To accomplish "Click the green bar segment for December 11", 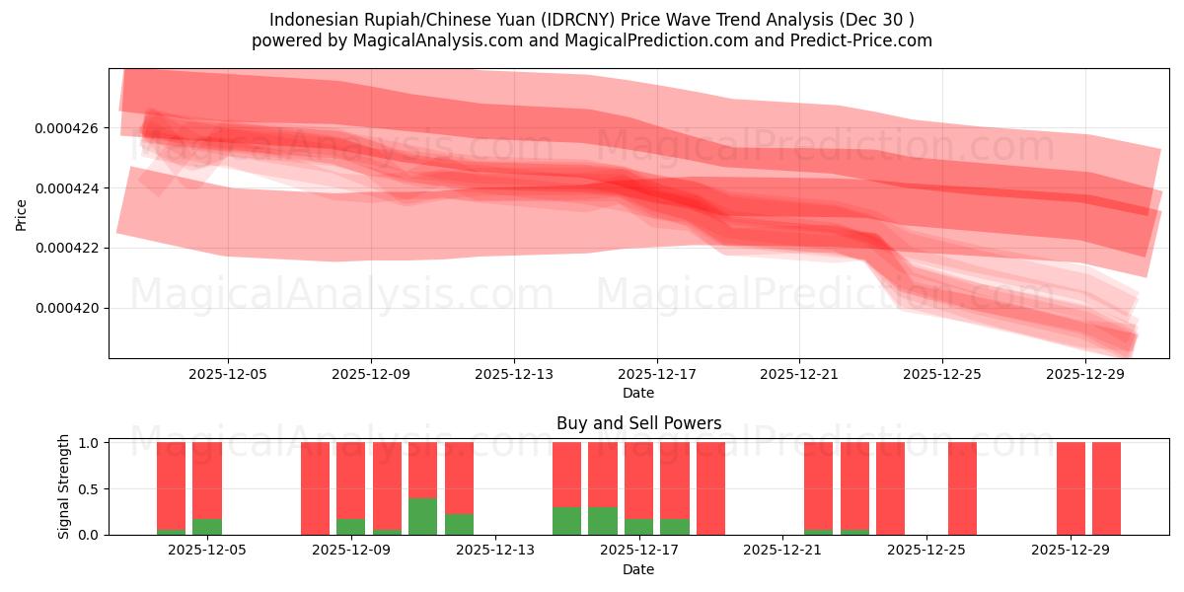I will tap(422, 516).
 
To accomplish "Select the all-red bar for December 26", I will tap(962, 488).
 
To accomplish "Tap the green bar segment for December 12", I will tap(459, 524).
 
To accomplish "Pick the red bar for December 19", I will tap(710, 488).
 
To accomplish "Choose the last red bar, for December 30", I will tap(1106, 488).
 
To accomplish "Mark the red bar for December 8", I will tap(315, 488).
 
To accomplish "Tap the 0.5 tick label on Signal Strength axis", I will tap(88, 488).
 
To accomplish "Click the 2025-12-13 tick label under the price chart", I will tap(514, 374).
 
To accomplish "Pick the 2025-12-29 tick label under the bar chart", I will tap(1071, 551).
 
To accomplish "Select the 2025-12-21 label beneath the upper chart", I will tap(799, 374).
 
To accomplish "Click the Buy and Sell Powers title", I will tap(638, 423).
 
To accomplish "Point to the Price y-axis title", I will tap(22, 214).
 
